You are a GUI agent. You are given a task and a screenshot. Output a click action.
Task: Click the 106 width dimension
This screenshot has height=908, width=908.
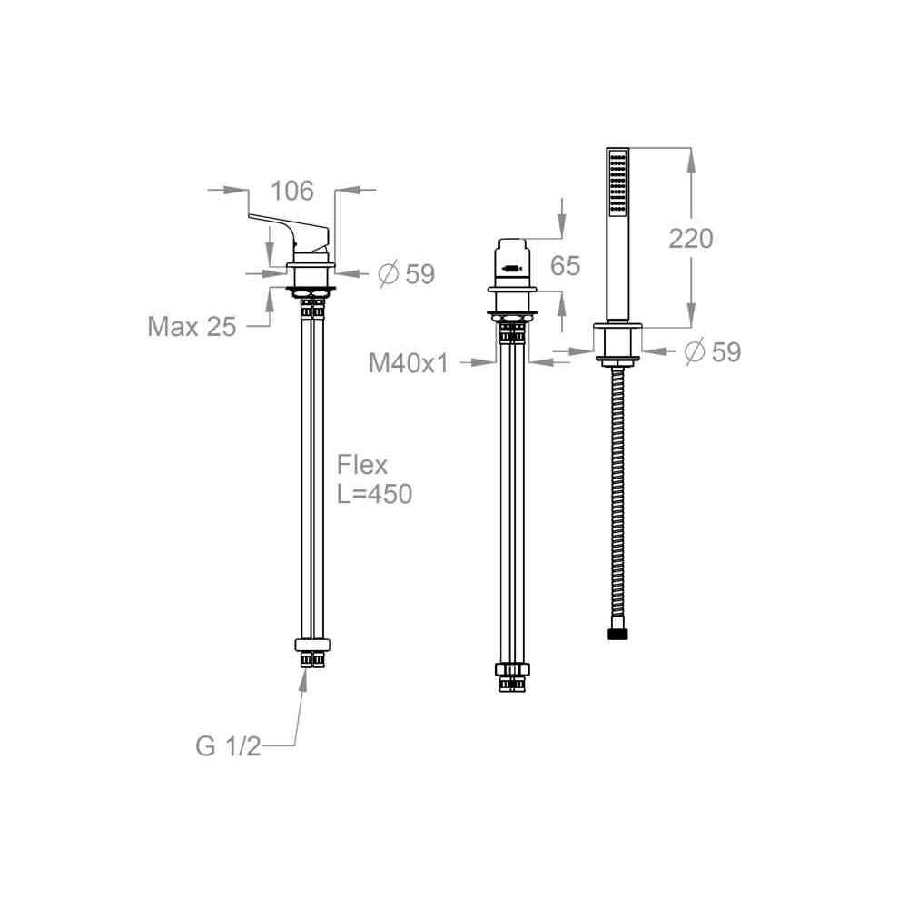coord(292,191)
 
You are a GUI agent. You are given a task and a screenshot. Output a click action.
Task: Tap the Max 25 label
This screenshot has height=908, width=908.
coord(192,327)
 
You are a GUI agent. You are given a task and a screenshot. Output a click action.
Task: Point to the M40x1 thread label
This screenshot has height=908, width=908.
coord(409,363)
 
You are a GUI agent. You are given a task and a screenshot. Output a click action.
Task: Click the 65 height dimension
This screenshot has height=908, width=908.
coord(565,265)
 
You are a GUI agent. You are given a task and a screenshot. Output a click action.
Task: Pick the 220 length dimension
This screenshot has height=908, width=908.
coord(690,238)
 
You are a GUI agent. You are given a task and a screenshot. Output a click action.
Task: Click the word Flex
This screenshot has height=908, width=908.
coord(362,465)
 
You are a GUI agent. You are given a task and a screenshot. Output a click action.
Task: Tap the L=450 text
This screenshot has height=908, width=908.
coord(375,494)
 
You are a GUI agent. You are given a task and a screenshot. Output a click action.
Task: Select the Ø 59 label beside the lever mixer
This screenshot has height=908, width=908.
coord(407,274)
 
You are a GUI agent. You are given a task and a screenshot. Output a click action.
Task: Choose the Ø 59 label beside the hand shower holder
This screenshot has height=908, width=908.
coord(712,351)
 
